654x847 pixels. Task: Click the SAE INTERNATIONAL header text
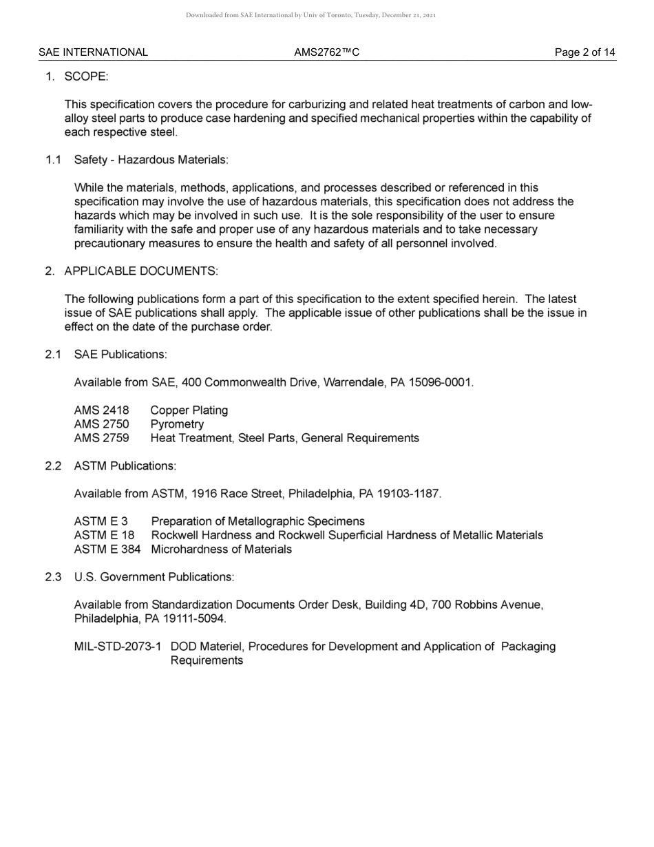[93, 52]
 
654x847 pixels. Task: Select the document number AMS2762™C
[326, 52]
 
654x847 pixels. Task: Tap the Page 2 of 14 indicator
[585, 52]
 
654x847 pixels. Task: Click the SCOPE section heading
[86, 76]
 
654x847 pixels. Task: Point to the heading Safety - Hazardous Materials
[151, 160]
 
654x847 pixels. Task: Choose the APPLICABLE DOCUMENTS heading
[140, 271]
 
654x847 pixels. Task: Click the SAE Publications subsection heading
[120, 355]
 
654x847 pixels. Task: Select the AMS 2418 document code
[101, 410]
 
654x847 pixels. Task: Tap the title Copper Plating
[189, 410]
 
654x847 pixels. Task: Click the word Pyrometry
[177, 424]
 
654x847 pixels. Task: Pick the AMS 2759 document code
[101, 438]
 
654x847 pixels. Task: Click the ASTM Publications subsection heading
[125, 466]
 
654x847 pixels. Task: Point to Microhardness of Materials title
[221, 550]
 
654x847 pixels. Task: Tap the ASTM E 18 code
[104, 535]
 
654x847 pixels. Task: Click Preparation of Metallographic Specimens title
[257, 521]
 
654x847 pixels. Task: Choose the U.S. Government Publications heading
[154, 577]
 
